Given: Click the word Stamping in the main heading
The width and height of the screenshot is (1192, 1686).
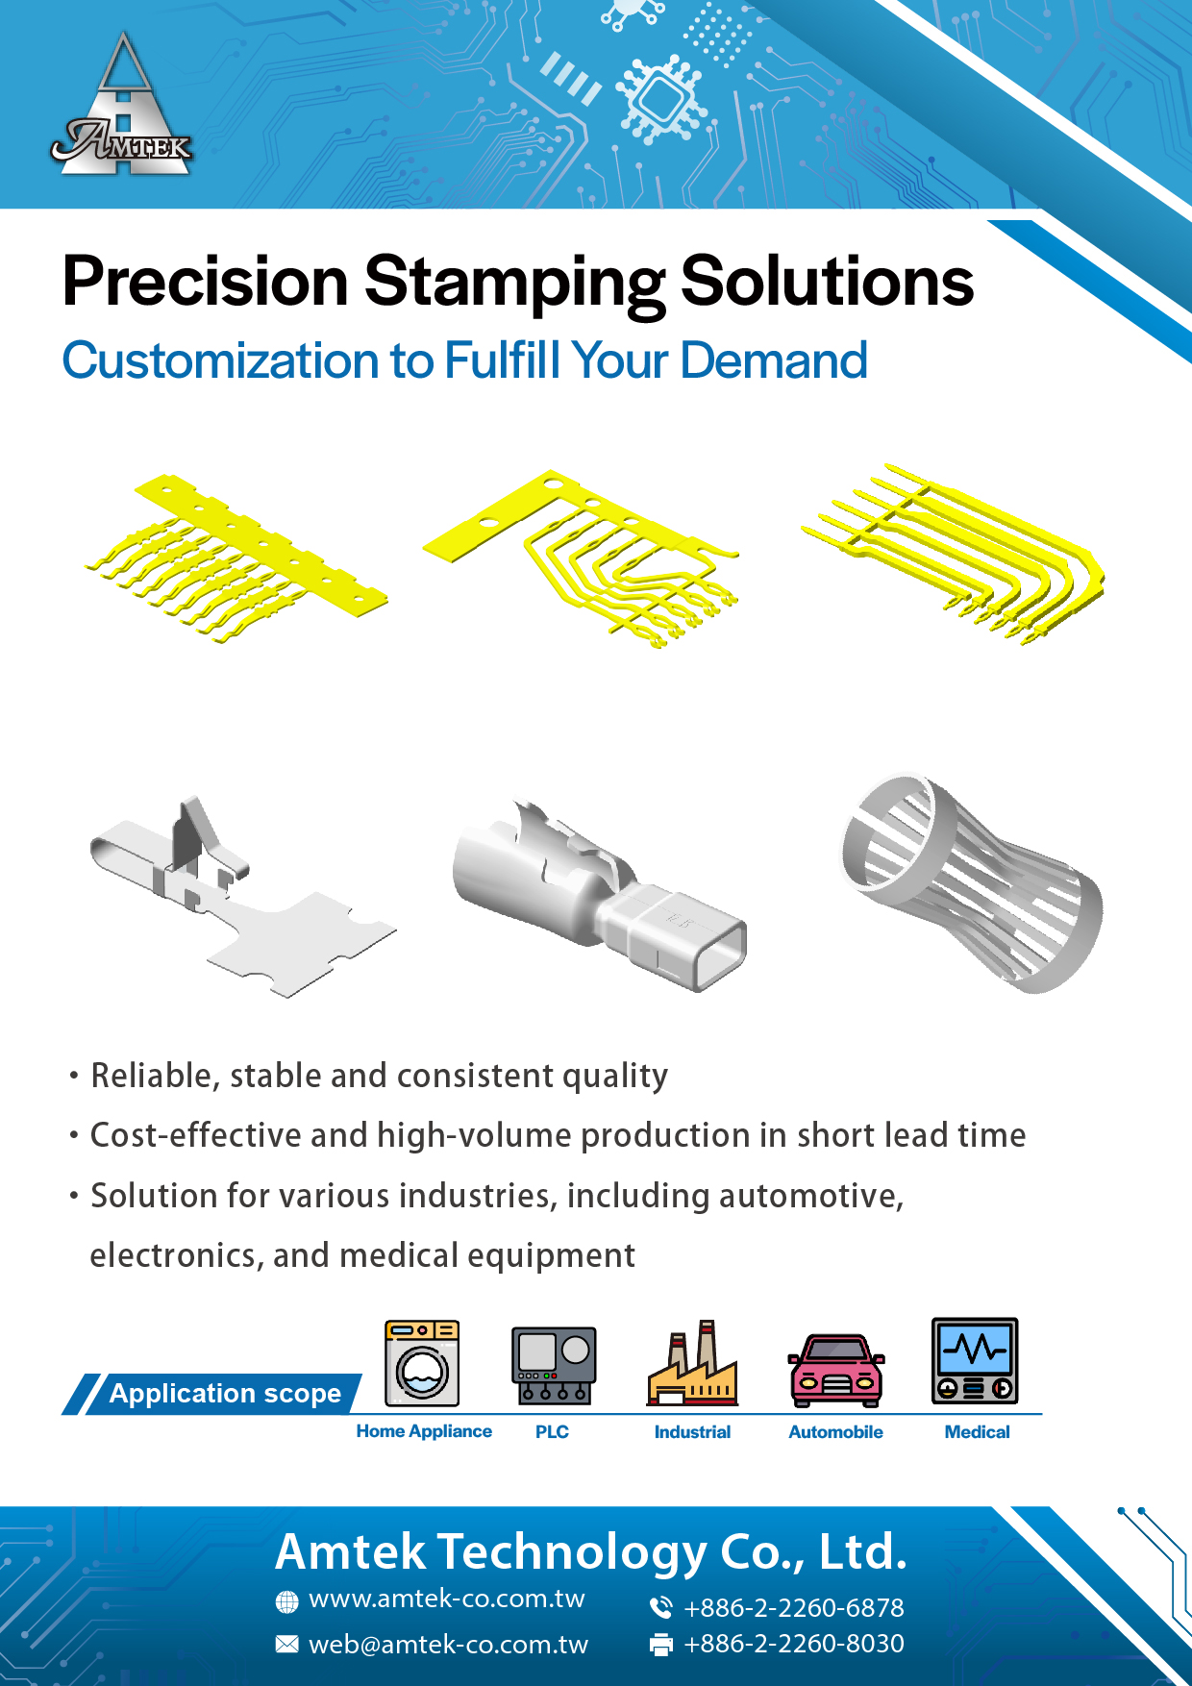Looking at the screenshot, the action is (x=514, y=283).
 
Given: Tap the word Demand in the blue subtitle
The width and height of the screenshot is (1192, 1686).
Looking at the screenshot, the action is (x=774, y=361).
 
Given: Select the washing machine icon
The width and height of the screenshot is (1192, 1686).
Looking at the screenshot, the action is (x=422, y=1363).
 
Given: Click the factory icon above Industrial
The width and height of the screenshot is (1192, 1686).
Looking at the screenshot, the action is (x=692, y=1363).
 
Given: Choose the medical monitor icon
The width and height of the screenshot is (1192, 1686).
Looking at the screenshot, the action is (x=975, y=1361).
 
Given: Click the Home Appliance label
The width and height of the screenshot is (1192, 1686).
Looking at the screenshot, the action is (x=424, y=1431).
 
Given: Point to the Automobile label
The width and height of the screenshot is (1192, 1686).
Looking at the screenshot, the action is (x=835, y=1431).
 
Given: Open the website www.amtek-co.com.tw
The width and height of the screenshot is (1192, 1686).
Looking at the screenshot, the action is (x=446, y=1599).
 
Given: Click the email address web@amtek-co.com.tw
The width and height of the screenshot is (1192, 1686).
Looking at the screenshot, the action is (x=448, y=1645).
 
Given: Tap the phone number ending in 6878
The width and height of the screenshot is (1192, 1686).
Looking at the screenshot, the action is (x=793, y=1607).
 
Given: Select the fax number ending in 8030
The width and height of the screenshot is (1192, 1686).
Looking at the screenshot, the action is (x=793, y=1644).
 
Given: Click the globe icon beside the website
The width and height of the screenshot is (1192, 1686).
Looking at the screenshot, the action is (x=286, y=1601).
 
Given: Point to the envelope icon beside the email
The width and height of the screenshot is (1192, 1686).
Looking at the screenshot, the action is (x=286, y=1645).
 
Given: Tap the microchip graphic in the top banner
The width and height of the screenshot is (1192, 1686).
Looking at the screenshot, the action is (x=661, y=97).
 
